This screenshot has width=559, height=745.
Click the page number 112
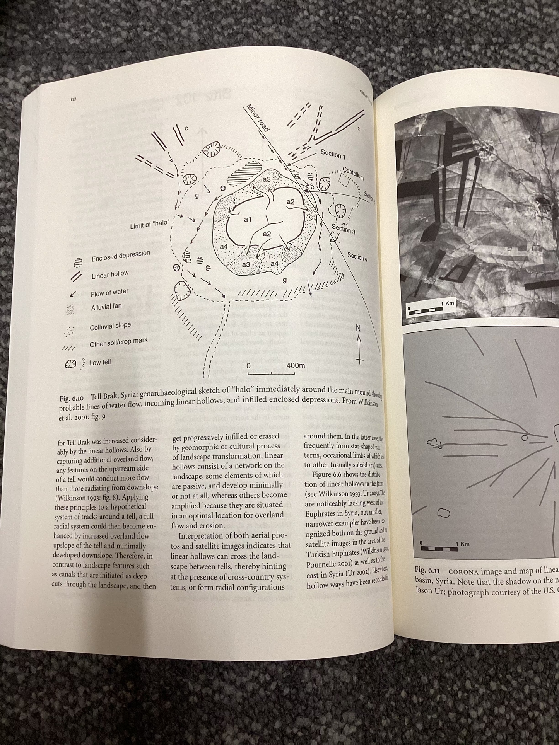click(73, 99)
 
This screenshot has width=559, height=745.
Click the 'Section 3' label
click(343, 229)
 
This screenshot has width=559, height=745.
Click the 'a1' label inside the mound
click(248, 220)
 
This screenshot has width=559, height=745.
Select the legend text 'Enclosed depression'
click(121, 256)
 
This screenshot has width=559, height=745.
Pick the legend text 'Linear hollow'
click(110, 275)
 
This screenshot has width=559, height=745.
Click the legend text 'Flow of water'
click(109, 293)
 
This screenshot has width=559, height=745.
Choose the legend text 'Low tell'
click(100, 363)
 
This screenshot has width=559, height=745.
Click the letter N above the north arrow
click(358, 328)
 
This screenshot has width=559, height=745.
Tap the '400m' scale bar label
click(296, 365)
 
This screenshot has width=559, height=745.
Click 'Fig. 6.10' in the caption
click(71, 398)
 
